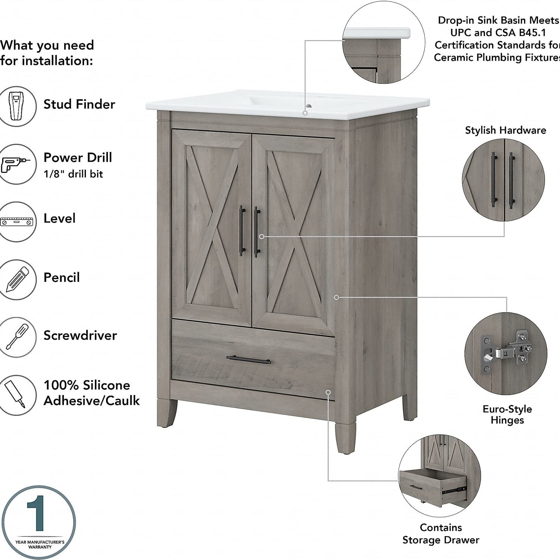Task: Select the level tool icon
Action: [x=17, y=221]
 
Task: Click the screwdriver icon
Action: [x=16, y=337]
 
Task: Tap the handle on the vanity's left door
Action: [x=242, y=230]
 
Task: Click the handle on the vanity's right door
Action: [x=257, y=232]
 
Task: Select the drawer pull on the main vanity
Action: [x=248, y=359]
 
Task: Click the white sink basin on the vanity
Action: [x=287, y=104]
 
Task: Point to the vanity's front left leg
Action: [x=167, y=413]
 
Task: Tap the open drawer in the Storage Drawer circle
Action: [x=433, y=486]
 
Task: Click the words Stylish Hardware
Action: [x=505, y=130]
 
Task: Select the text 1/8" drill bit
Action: [x=73, y=174]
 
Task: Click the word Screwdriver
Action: [x=80, y=335]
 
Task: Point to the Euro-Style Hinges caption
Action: [x=507, y=414]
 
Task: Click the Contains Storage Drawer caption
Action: [x=441, y=534]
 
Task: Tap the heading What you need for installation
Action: [x=47, y=53]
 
